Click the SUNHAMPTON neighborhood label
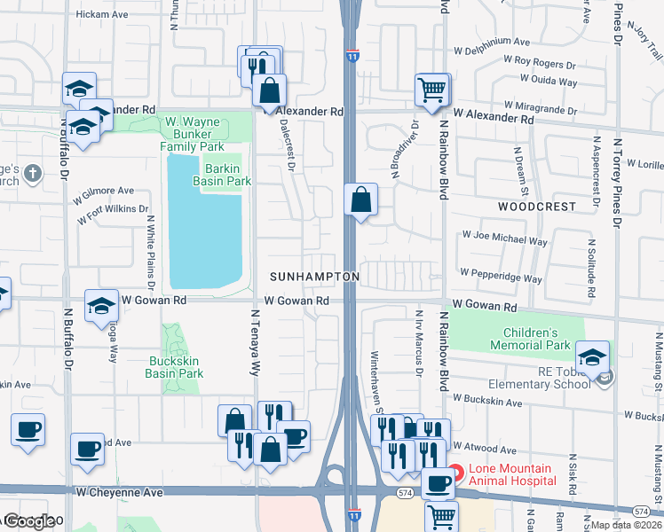click(x=315, y=278)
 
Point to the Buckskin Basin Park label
click(x=174, y=368)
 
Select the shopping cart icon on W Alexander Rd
click(x=432, y=89)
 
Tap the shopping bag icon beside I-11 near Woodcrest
click(x=361, y=199)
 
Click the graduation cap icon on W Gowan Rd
click(x=102, y=306)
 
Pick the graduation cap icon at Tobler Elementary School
click(x=592, y=356)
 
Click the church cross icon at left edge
click(x=32, y=172)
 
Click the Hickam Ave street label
click(x=102, y=14)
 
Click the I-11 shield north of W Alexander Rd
click(x=352, y=56)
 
